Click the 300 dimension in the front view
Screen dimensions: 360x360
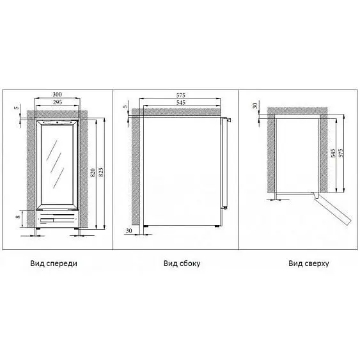[x=57, y=95]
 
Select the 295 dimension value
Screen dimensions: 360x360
[x=58, y=102]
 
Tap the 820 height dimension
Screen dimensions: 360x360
[x=93, y=173]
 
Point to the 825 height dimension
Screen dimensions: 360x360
[x=101, y=173]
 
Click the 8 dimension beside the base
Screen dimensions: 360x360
[x=18, y=216]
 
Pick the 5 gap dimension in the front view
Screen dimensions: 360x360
[x=17, y=107]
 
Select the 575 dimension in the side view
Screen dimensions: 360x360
[x=181, y=95]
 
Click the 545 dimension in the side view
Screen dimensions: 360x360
[x=181, y=102]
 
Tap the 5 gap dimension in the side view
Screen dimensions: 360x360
[x=125, y=107]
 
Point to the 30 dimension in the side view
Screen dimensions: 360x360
[x=129, y=231]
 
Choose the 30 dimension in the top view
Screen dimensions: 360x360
[x=255, y=106]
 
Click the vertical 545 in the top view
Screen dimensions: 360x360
[x=333, y=153]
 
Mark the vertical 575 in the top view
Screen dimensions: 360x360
[x=341, y=153]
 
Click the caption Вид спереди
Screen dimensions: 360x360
[x=54, y=263]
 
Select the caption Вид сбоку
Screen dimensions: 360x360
[x=182, y=263]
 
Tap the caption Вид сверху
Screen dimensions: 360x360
[x=309, y=263]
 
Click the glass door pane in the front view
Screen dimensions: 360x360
[x=57, y=164]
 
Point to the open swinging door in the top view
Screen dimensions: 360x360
[x=332, y=208]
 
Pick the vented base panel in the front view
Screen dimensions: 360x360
[x=58, y=219]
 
